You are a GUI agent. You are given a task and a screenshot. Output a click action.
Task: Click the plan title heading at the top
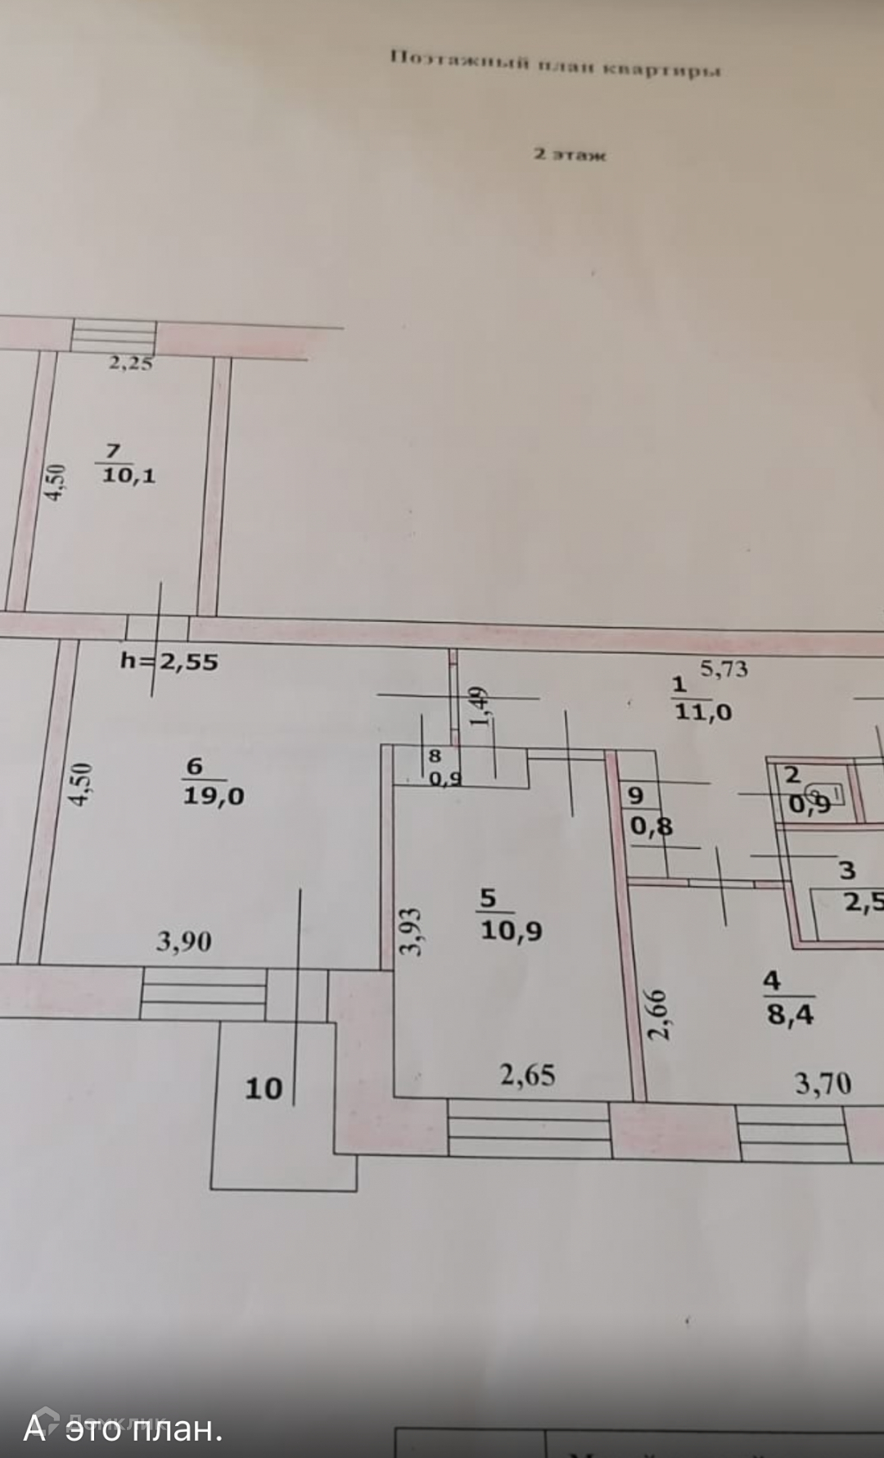[555, 64]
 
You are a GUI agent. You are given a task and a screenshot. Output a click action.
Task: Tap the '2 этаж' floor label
[570, 154]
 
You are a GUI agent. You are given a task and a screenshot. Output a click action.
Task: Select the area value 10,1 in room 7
[128, 475]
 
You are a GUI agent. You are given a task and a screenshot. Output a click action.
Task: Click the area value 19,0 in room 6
[213, 795]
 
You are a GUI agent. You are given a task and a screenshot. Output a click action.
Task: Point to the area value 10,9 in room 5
[511, 930]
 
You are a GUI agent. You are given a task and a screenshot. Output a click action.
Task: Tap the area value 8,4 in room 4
[790, 1014]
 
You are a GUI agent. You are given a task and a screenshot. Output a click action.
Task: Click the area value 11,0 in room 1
[702, 712]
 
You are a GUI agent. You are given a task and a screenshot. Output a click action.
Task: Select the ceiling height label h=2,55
[169, 661]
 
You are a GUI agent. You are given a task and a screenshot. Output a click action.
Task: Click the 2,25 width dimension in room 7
[131, 363]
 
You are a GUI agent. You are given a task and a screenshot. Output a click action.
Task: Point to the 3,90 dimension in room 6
[183, 941]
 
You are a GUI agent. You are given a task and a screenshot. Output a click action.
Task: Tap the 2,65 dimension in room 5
[528, 1074]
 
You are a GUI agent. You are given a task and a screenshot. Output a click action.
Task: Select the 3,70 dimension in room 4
[823, 1084]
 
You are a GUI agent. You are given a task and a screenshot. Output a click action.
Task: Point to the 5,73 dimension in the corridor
[724, 669]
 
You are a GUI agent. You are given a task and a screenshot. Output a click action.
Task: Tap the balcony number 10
[264, 1088]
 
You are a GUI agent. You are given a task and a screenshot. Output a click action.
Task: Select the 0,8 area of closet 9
[652, 826]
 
